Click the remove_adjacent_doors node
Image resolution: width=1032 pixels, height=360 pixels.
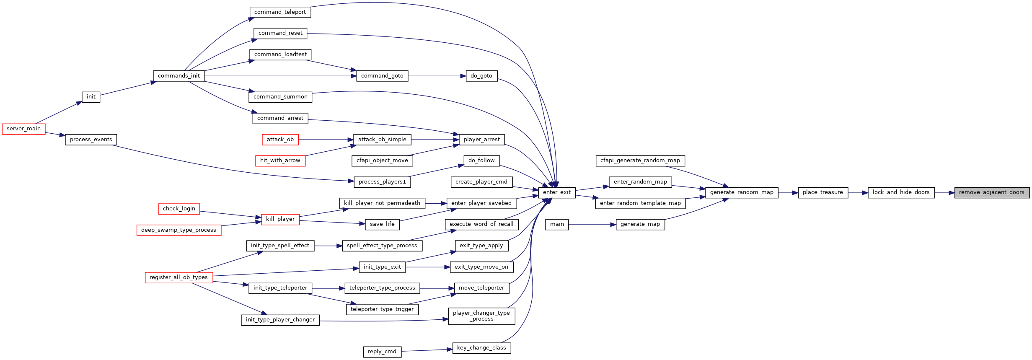tap(992, 192)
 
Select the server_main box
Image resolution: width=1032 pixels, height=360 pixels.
tap(23, 129)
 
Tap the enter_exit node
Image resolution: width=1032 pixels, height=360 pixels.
tap(557, 192)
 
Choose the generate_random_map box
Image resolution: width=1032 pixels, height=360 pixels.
tap(742, 192)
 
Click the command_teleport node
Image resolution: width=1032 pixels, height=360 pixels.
tap(280, 12)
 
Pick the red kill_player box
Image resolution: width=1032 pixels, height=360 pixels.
tap(280, 219)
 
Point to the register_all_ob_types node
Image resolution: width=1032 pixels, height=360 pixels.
tap(179, 277)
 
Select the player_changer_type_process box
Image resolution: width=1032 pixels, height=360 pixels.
tap(481, 316)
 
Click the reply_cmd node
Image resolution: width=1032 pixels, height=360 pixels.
tap(382, 352)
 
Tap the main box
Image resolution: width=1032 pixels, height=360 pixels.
tap(557, 224)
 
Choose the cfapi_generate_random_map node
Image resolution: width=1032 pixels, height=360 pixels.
tap(640, 161)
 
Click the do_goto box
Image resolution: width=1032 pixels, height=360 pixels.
tap(481, 76)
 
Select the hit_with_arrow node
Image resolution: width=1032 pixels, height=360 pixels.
tap(280, 161)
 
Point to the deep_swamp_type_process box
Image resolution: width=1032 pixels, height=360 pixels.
tap(179, 230)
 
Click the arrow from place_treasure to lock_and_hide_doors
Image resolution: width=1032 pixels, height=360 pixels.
tap(858, 193)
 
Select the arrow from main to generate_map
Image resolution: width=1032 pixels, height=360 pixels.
tap(592, 225)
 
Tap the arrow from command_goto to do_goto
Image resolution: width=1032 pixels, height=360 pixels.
tap(437, 76)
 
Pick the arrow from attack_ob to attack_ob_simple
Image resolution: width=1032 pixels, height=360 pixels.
tap(326, 140)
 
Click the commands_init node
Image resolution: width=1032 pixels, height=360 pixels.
tap(179, 76)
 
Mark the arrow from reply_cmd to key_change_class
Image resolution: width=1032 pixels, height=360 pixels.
tap(427, 350)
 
